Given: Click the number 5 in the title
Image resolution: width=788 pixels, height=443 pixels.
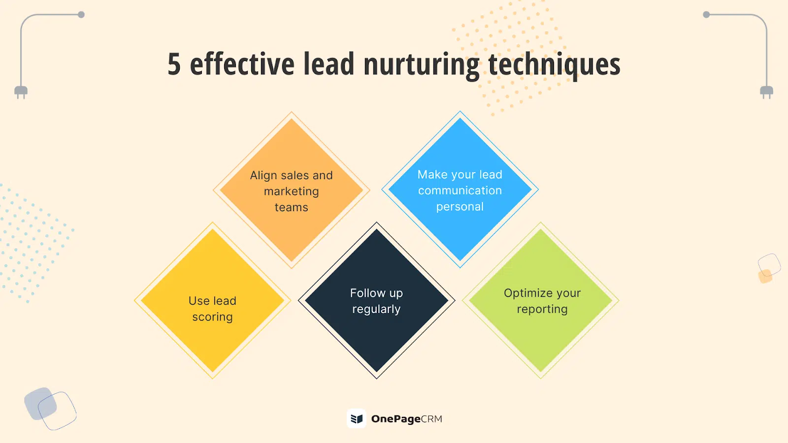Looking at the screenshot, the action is [174, 64].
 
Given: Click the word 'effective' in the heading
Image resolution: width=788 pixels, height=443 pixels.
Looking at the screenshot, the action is [242, 63].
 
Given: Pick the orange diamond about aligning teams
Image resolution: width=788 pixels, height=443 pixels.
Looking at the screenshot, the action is [291, 190].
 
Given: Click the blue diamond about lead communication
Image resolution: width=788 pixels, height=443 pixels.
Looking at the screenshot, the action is [460, 190].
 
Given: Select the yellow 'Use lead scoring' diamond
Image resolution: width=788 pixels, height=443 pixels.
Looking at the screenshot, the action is [212, 300].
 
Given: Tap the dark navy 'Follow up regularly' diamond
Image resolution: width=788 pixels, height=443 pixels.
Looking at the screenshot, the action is [376, 300].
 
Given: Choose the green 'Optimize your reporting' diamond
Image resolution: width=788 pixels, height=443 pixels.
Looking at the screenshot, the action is [541, 300].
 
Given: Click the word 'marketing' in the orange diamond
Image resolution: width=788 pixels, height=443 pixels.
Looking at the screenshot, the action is [291, 191].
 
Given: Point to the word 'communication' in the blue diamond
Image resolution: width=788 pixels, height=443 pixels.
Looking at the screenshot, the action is [460, 190].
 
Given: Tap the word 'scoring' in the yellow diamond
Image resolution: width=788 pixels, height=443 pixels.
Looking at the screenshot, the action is [212, 317].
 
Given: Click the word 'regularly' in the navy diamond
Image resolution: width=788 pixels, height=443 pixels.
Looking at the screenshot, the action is [376, 310].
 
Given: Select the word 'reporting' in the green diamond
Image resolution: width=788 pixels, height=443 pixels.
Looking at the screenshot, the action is [542, 310].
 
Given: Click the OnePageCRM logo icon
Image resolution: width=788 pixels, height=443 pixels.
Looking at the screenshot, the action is [357, 418].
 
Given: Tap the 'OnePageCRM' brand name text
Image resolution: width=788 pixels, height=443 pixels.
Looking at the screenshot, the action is [407, 419].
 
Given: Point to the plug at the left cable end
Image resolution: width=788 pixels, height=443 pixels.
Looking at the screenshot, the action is [21, 92].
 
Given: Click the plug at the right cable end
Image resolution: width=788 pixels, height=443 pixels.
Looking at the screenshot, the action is [766, 92].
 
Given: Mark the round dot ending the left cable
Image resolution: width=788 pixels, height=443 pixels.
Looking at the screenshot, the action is [81, 14].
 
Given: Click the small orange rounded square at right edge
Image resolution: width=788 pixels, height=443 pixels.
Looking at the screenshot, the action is [765, 276].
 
